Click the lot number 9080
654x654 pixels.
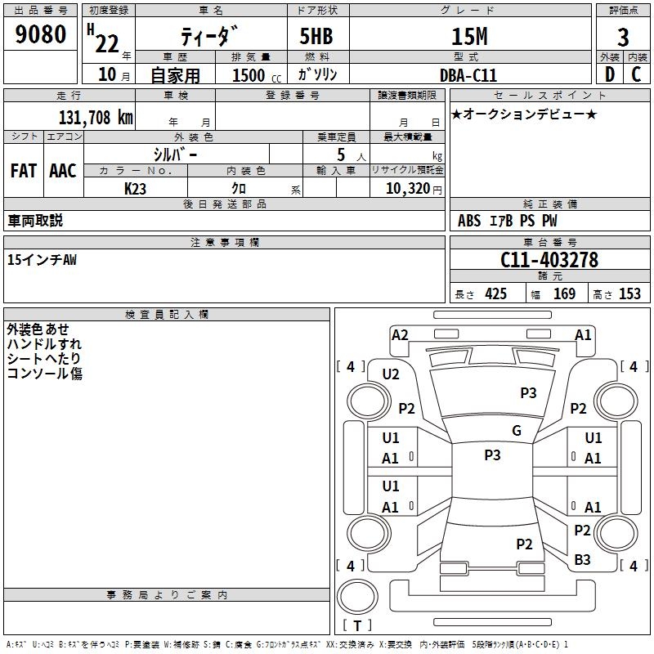pos(40,36)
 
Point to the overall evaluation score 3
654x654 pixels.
pos(623,38)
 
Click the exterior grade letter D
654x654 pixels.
pos(609,74)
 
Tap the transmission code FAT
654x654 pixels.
pos(23,171)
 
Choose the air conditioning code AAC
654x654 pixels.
pos(63,171)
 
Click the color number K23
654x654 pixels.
pos(136,188)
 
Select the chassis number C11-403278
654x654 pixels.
pos(549,260)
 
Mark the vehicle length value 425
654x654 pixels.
pos(495,294)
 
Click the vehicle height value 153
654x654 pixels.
pos(629,294)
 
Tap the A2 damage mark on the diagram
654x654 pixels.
pos(400,334)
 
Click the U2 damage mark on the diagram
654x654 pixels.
pos(391,374)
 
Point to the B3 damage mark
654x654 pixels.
pos(582,559)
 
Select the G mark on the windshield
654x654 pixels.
pos(517,431)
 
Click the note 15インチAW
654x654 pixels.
pos(42,260)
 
